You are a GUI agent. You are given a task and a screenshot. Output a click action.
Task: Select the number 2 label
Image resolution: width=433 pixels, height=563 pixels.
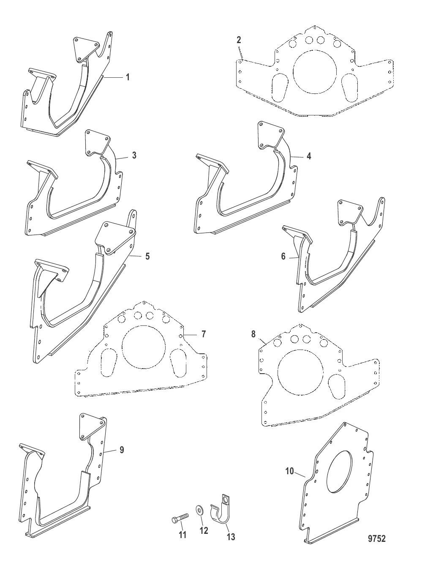point(239,40)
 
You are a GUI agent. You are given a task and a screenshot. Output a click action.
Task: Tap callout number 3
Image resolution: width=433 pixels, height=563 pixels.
point(134,155)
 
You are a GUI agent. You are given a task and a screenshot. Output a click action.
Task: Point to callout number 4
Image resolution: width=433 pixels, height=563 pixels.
point(309,156)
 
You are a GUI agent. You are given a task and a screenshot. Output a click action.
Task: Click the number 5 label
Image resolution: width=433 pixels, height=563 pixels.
point(147,256)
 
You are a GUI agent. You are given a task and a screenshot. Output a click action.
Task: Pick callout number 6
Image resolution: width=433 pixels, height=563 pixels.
point(283,257)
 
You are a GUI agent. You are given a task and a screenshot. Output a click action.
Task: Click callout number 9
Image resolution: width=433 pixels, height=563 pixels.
point(122,450)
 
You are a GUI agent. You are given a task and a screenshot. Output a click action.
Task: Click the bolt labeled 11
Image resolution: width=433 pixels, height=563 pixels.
point(180,520)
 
